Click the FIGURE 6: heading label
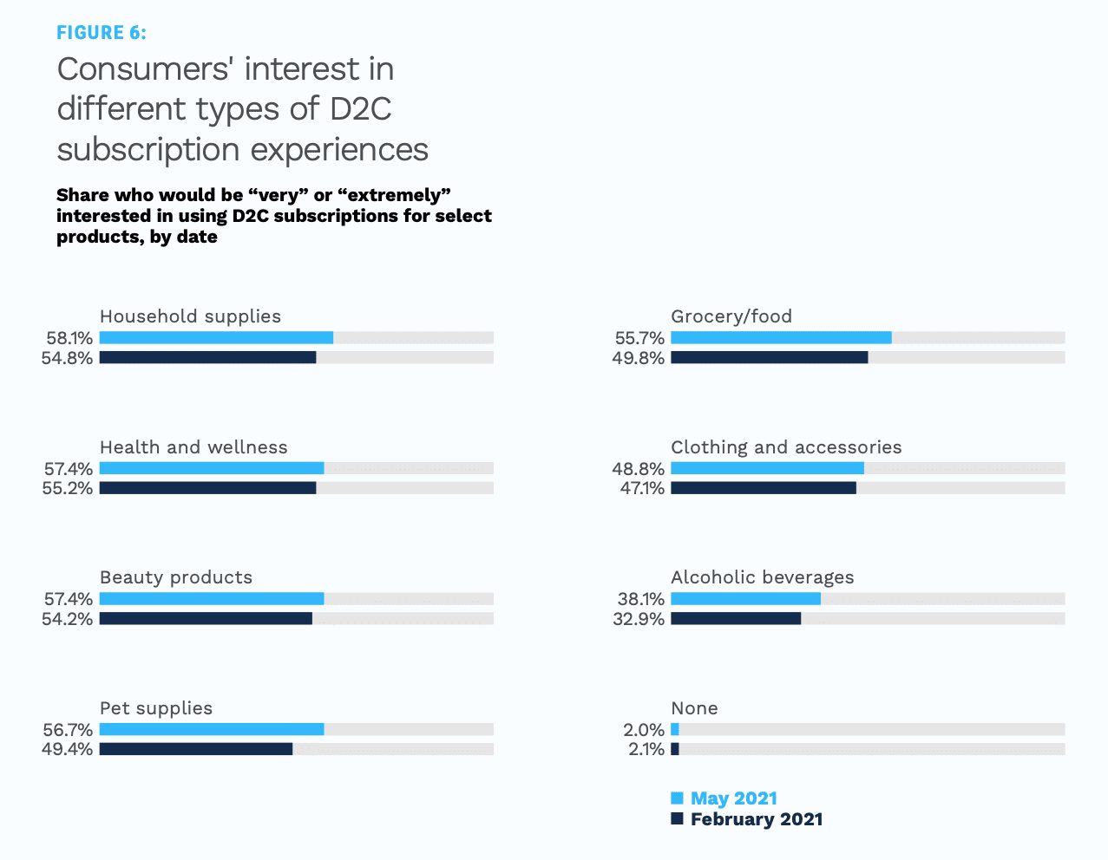tap(101, 33)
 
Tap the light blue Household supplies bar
tap(216, 337)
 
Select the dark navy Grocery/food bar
tap(770, 357)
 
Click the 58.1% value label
tap(69, 338)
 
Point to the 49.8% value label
tap(639, 358)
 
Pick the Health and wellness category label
tap(193, 446)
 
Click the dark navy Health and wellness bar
tap(207, 488)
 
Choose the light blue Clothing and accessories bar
tap(767, 468)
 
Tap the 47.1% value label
tap(642, 488)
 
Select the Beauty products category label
tap(176, 577)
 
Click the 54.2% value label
tap(68, 619)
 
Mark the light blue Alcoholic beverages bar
tap(746, 599)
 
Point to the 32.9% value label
tap(639, 619)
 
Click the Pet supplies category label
tap(156, 708)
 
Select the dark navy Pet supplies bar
tap(196, 749)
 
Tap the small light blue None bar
tap(675, 729)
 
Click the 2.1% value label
tap(646, 749)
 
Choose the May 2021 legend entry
tap(724, 798)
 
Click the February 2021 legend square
tap(677, 818)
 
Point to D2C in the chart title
tap(360, 108)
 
